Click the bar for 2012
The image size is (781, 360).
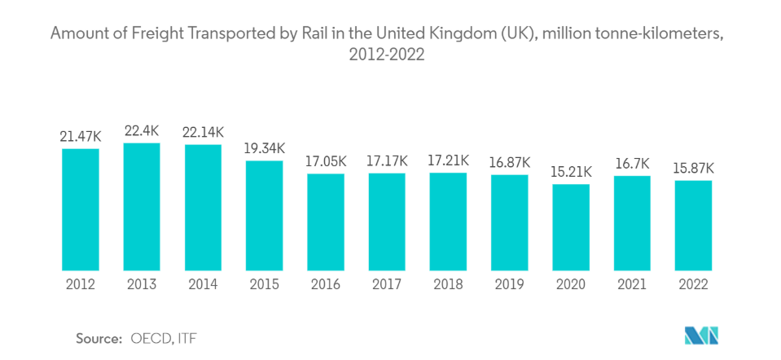(x=80, y=209)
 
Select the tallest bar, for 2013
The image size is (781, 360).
(x=142, y=207)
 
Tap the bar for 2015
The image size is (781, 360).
(x=264, y=216)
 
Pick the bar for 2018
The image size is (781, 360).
(x=448, y=222)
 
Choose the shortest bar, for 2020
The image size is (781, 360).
(x=570, y=227)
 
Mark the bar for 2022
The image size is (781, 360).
(x=693, y=226)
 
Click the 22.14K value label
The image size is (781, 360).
(x=203, y=132)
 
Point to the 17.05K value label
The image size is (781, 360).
(x=326, y=161)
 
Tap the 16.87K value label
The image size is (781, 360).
(x=509, y=162)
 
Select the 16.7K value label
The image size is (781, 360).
(x=632, y=164)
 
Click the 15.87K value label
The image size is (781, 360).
(x=693, y=168)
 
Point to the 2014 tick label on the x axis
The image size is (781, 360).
(x=203, y=284)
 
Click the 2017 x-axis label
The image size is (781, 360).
(x=387, y=284)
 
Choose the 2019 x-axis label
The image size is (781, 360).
(x=509, y=284)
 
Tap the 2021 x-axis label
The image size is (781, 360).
(x=632, y=284)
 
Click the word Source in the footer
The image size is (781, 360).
(x=99, y=336)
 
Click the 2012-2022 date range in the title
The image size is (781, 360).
(x=389, y=58)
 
